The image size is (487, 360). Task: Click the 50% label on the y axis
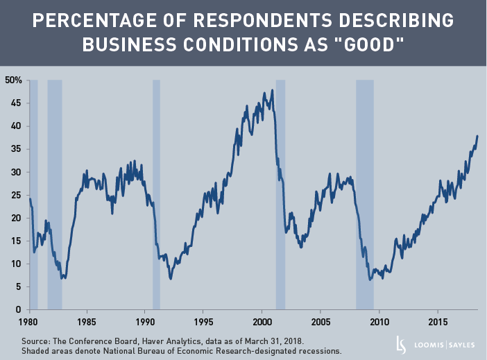tap(13, 80)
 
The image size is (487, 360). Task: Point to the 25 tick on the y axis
tap(16, 195)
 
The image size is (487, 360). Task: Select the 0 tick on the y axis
tap(19, 309)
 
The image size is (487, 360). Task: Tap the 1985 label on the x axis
tap(86, 322)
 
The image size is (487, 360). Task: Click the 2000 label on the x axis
tap(262, 322)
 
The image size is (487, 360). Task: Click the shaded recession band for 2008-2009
tap(365, 194)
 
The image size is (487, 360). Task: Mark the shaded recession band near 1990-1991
tap(156, 194)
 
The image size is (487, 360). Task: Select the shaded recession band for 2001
tap(280, 194)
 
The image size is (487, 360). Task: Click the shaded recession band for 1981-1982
tap(55, 194)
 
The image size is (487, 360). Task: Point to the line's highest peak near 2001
tap(272, 90)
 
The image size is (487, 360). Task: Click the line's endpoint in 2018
tap(477, 136)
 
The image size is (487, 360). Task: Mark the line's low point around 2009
tap(370, 280)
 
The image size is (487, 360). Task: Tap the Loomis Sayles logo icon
tap(400, 344)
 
